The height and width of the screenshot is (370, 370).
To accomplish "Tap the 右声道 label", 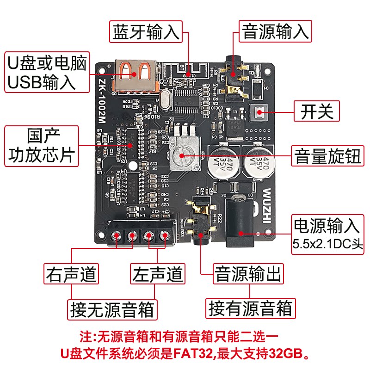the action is tap(71, 274).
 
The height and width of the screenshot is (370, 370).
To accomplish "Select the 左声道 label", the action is tap(158, 274).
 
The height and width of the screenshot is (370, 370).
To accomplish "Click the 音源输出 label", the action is tap(248, 274).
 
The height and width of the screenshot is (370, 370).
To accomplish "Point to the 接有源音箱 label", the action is tap(250, 308).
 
